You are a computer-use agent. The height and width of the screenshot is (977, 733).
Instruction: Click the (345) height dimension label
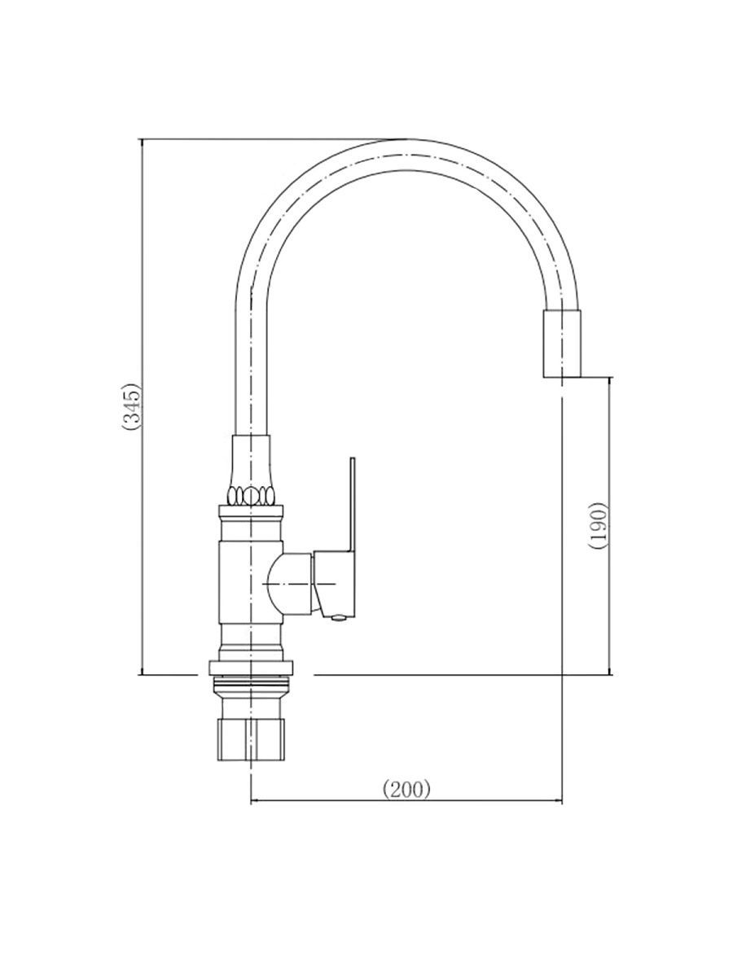click(x=132, y=407)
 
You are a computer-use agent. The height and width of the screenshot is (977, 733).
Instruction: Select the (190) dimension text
click(x=599, y=525)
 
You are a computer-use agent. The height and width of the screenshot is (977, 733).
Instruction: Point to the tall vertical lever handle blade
click(x=353, y=506)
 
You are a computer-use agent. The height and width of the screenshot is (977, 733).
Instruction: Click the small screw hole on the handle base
click(x=339, y=616)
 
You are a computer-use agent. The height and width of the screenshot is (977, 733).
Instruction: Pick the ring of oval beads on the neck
click(x=252, y=495)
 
